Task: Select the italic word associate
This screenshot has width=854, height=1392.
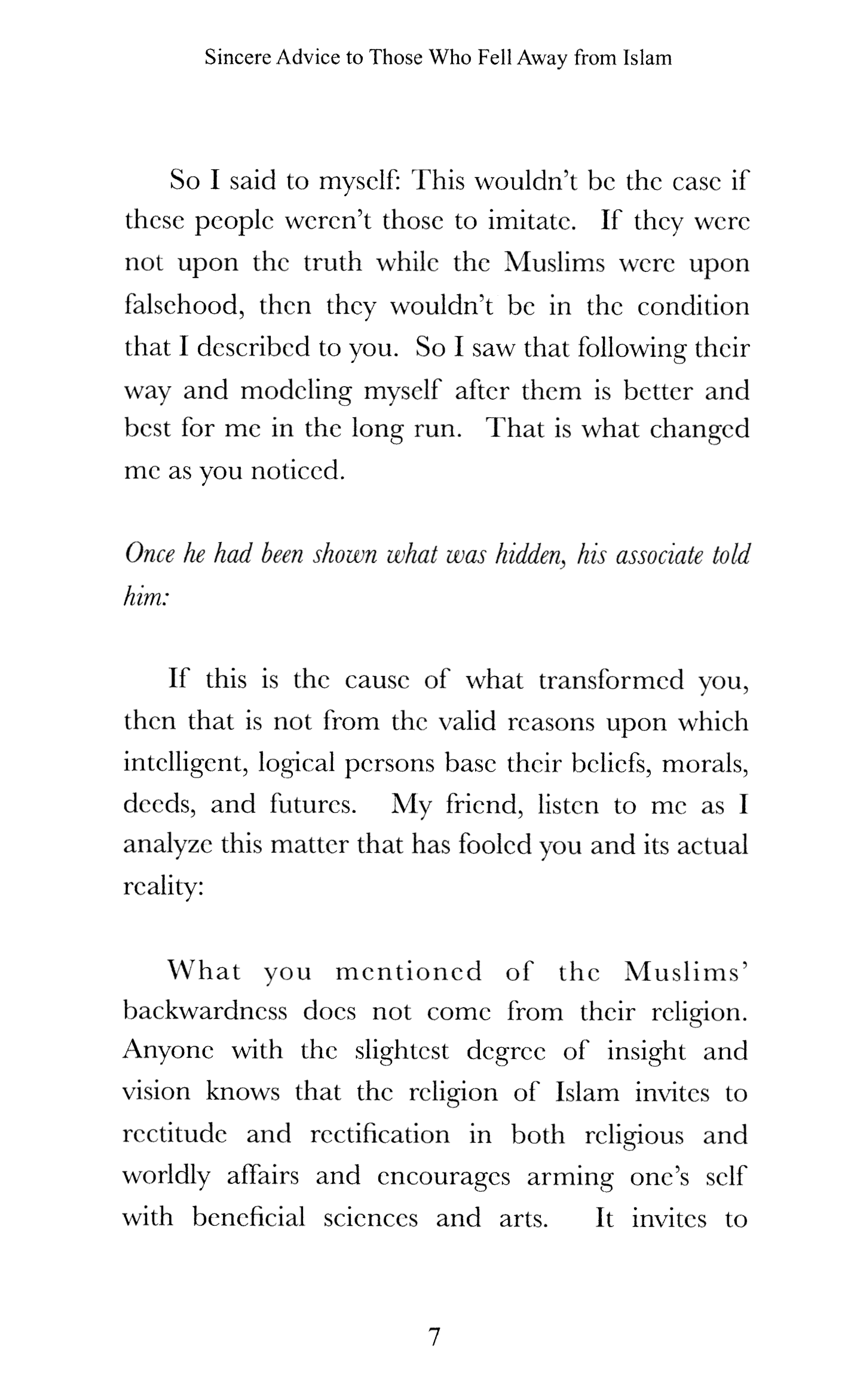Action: tap(658, 555)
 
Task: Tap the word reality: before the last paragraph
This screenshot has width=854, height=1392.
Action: tap(163, 888)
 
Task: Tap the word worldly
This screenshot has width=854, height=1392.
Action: tap(166, 1176)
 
